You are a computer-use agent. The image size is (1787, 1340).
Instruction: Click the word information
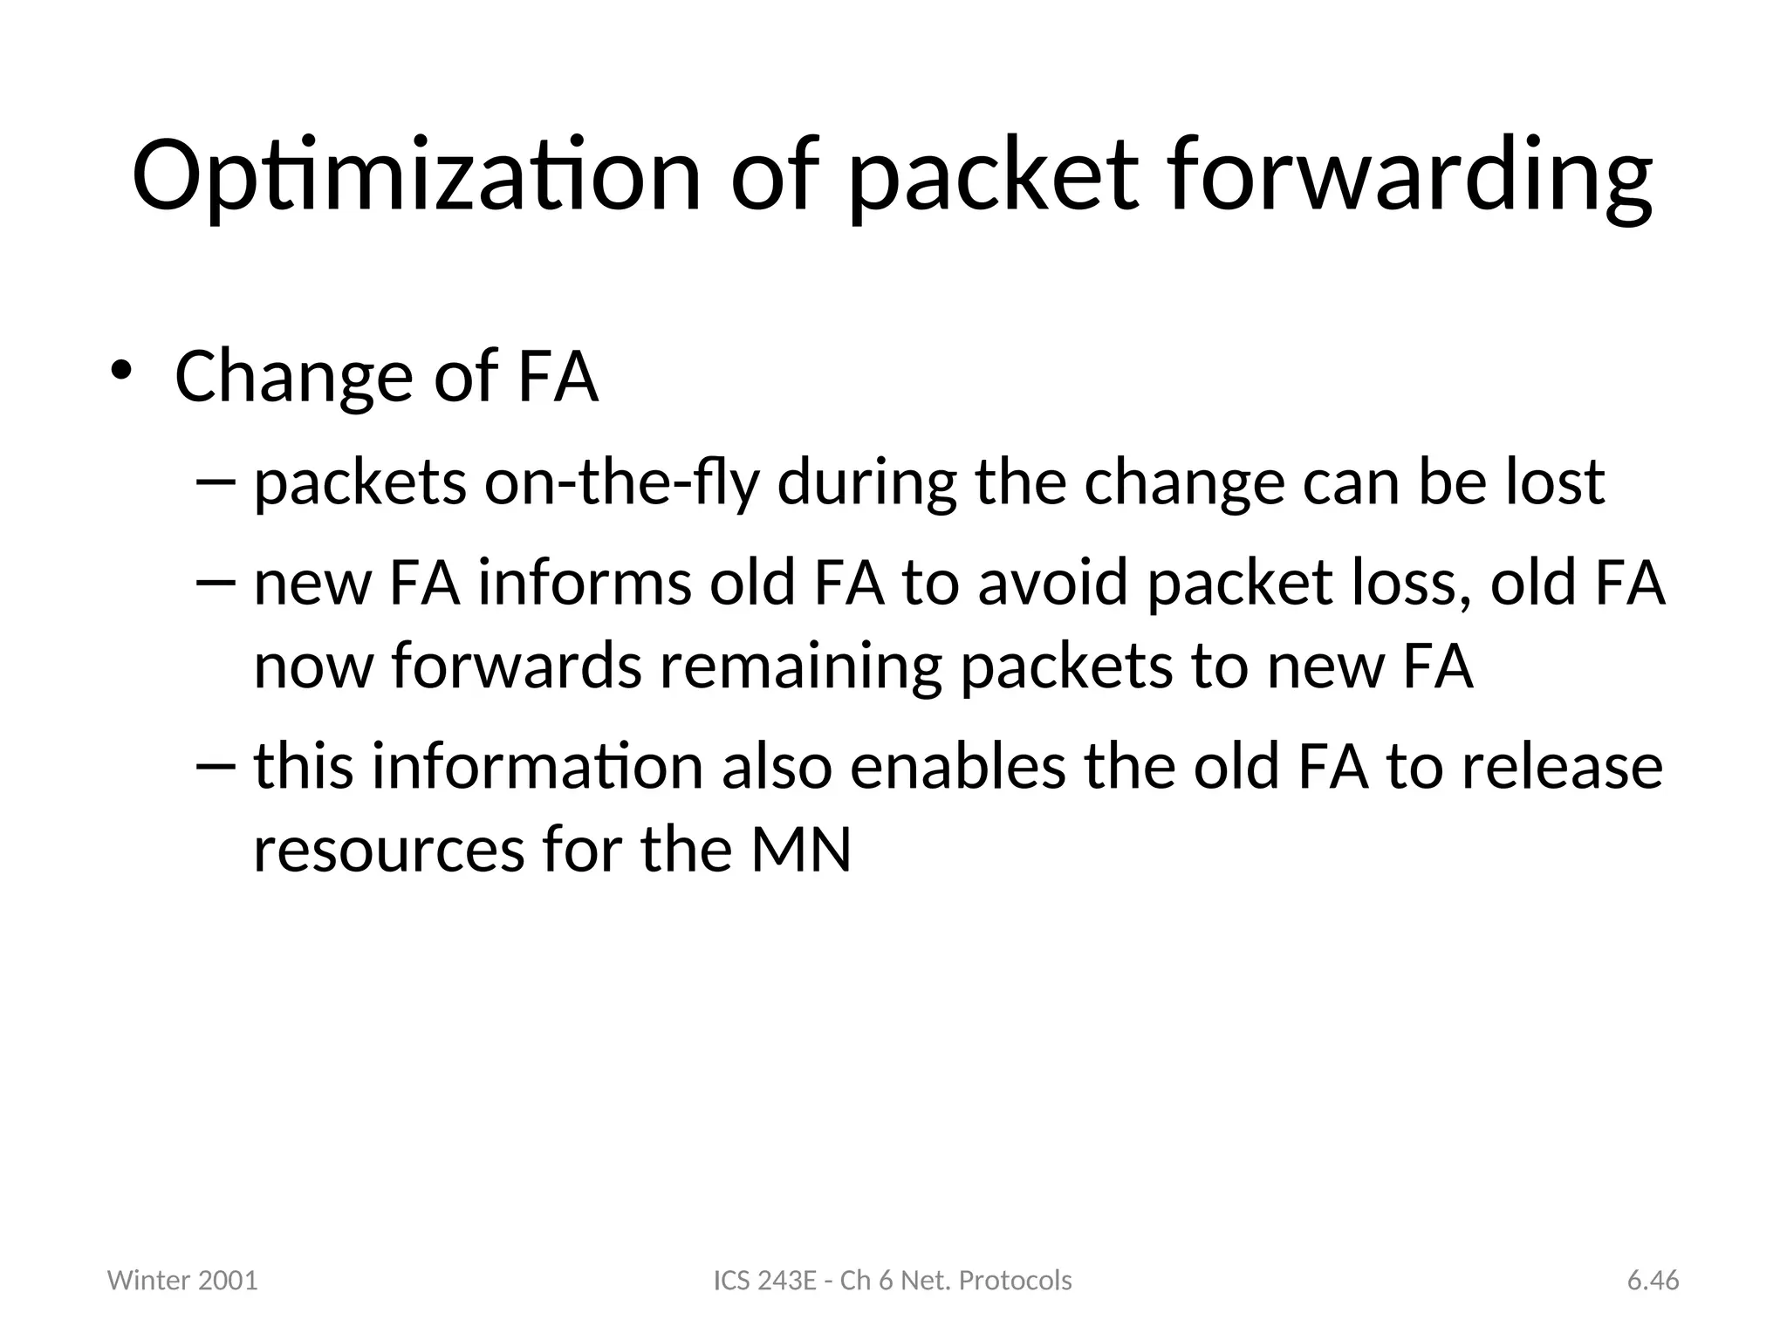[537, 767]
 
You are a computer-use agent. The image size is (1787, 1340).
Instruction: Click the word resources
[389, 850]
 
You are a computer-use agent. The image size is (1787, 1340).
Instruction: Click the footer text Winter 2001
[182, 1281]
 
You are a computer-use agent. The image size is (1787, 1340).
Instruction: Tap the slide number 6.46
[1653, 1281]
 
